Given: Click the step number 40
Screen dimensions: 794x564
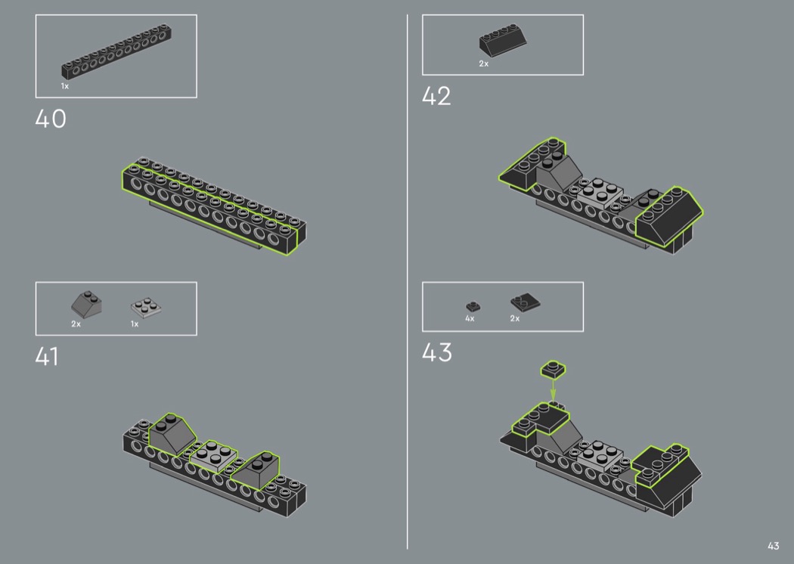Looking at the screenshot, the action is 51,119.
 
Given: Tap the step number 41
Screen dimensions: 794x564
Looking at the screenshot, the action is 47,356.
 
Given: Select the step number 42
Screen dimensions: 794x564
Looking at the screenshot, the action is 436,96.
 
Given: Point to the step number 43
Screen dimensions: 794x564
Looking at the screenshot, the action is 436,352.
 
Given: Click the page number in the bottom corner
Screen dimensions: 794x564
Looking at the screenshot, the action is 774,546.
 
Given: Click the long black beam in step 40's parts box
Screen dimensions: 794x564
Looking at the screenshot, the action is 116,52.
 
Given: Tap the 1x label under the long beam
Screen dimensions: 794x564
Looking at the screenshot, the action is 65,86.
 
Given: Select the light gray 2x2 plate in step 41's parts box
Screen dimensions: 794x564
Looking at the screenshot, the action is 146,307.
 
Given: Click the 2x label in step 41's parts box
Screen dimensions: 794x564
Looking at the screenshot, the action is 76,324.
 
